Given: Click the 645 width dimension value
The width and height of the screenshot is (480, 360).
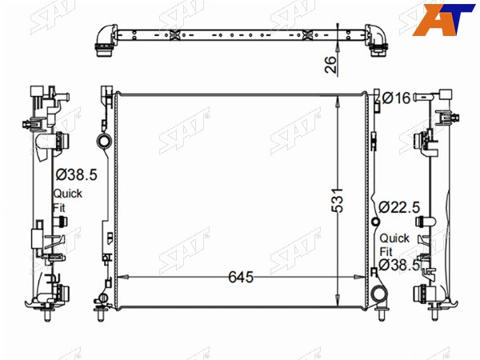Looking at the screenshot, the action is coord(241,277).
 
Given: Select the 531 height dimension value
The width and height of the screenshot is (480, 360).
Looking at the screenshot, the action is coord(338,201).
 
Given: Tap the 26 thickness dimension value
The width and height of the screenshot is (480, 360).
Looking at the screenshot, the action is coord(330,64).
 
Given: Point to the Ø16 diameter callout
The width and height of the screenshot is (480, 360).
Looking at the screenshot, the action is coord(397,98).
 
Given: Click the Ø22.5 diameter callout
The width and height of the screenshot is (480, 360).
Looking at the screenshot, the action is coord(399,207).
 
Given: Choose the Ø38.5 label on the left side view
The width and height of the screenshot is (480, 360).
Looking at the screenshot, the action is coord(77,174).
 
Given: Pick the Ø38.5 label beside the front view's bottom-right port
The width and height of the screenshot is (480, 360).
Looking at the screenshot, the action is coord(399,265).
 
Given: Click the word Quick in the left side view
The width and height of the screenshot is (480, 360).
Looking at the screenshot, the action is coord(68,194).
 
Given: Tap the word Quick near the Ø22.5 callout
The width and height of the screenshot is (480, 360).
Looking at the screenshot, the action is coord(394,238).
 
